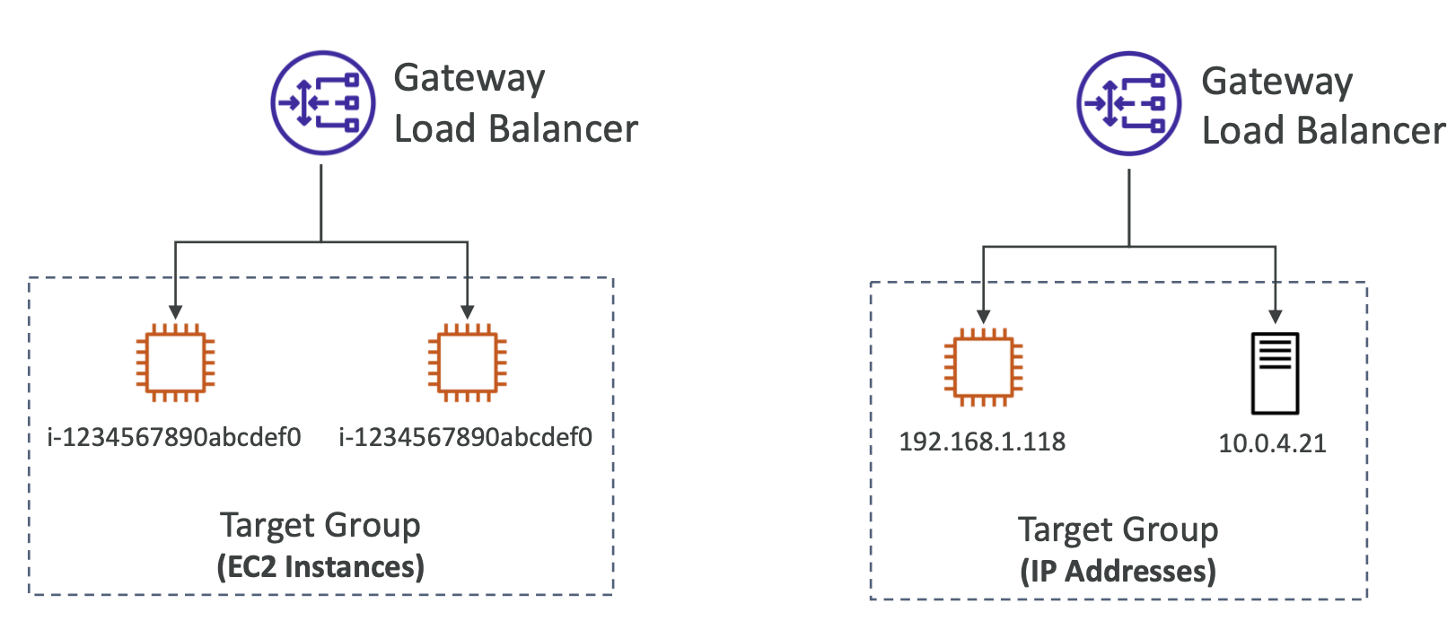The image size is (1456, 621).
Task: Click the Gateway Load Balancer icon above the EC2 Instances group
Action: (322, 103)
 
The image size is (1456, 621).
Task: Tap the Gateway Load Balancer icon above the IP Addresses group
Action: (1128, 104)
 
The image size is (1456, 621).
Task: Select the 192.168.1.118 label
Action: (982, 442)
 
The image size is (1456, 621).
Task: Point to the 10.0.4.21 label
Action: (1272, 443)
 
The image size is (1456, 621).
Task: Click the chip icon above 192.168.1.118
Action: (983, 367)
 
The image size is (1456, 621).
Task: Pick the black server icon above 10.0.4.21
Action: (1275, 372)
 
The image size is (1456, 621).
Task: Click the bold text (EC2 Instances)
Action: (320, 567)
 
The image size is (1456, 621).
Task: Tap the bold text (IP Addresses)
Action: (1118, 572)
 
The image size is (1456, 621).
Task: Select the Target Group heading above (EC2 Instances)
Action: (320, 525)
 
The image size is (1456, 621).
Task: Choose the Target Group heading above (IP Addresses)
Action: (1118, 529)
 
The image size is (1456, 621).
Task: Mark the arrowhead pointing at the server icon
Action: (1276, 316)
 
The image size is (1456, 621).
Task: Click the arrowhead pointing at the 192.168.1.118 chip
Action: (984, 316)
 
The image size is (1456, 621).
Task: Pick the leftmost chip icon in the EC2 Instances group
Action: (175, 363)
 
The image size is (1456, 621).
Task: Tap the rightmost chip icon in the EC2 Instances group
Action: (467, 363)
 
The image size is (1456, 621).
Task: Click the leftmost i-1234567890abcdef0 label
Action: (174, 437)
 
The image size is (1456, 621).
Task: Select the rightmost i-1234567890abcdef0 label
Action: (465, 437)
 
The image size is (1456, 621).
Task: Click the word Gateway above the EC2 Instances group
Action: (469, 79)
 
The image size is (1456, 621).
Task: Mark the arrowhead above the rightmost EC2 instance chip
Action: (468, 311)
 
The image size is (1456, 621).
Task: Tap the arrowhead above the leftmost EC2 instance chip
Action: (176, 311)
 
